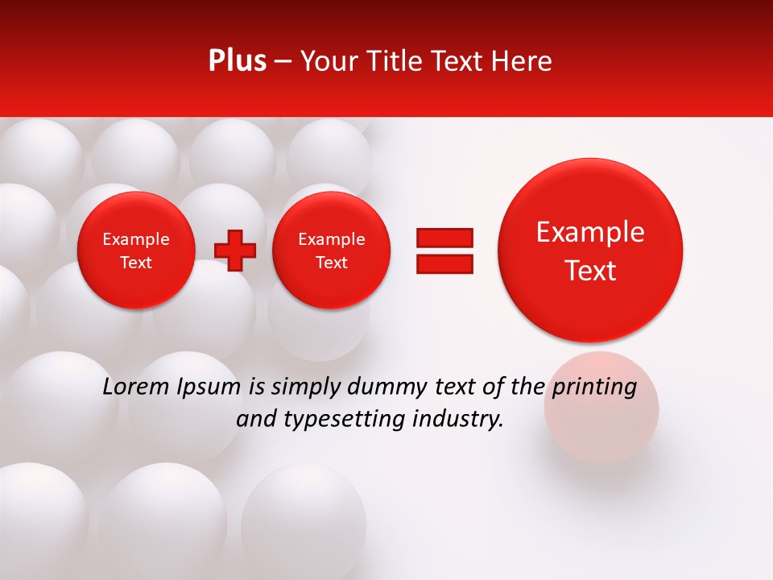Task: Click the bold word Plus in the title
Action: pos(237,61)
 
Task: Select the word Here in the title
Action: pos(523,61)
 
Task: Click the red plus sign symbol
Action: pos(235,250)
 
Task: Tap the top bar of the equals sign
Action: pos(444,238)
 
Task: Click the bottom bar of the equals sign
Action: pos(444,263)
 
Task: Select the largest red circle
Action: pos(590,250)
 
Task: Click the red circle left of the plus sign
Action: pos(136,250)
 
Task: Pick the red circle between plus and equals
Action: pos(332,250)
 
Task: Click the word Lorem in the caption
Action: pos(136,387)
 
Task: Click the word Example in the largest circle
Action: pos(590,232)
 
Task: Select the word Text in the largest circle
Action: pos(590,271)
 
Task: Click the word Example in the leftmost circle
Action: pos(136,239)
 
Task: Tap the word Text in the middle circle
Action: pos(332,263)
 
